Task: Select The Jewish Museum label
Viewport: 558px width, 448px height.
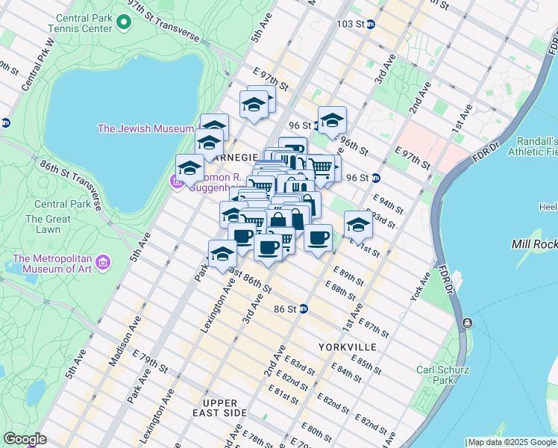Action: (146, 128)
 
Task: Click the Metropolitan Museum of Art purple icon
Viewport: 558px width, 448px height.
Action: (103, 263)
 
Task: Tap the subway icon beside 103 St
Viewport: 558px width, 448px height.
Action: (370, 24)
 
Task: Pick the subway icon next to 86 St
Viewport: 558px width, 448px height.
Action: (304, 308)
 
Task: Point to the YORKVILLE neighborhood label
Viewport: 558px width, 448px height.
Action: (346, 348)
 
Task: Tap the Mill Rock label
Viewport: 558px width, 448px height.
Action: (534, 244)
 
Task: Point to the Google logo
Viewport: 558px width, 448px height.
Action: (25, 439)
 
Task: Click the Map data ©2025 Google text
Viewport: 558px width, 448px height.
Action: (511, 442)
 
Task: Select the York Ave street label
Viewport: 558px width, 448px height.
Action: (421, 287)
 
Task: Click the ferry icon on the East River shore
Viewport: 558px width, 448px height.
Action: (467, 323)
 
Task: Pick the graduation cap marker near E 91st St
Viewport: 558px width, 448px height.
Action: (358, 224)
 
